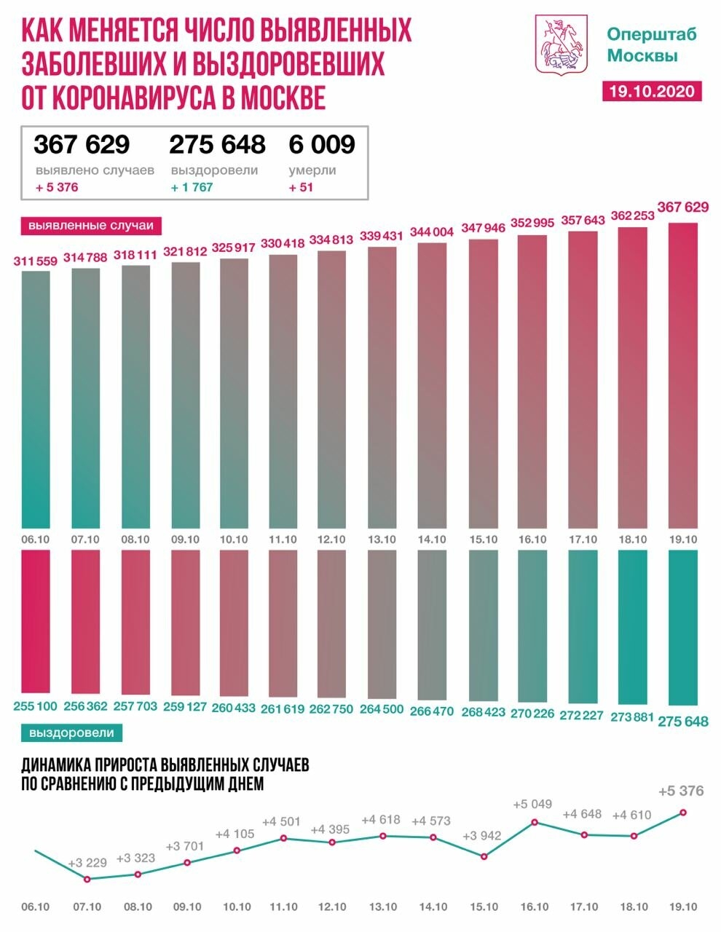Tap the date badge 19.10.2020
pos(653,91)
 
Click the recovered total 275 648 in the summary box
pos(217,144)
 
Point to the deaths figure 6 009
pos(321,144)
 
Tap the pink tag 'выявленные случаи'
pos(91,226)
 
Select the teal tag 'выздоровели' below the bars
pos(71,732)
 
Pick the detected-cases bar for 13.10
pos(382,386)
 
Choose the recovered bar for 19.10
pos(683,626)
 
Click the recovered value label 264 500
pos(382,709)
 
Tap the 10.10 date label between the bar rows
pos(234,539)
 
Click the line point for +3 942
pos(484,856)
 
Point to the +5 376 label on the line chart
pos(680,791)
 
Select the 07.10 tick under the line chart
pos(87,907)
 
